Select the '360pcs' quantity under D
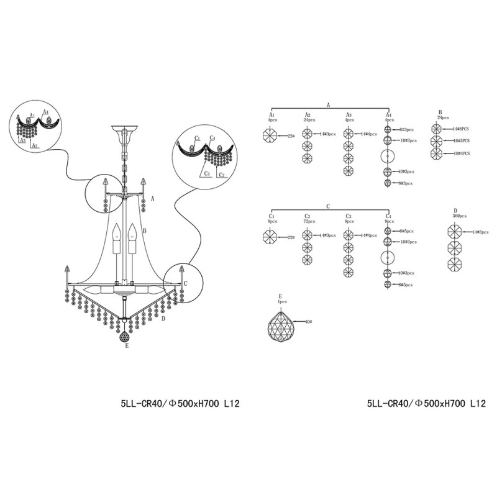point(459,216)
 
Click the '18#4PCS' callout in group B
point(460,153)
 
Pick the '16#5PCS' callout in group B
point(460,140)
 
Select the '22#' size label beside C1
point(291,237)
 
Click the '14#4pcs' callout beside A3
point(370,134)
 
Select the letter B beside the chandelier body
point(144,230)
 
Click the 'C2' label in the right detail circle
point(222,175)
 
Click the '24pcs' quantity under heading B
point(442,117)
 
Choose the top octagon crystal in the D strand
point(456,232)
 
